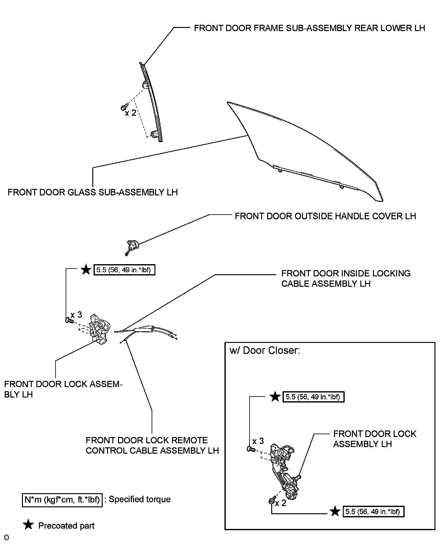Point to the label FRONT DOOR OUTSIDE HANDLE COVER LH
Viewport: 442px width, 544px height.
coord(325,216)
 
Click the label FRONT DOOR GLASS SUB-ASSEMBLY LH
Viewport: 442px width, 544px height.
coord(93,192)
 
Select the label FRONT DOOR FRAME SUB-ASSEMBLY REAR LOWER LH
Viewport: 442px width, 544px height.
coord(309,28)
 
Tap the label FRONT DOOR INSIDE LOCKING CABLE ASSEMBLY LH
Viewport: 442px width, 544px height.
coord(346,279)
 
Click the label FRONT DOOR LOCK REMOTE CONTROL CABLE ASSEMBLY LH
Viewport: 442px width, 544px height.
coord(152,445)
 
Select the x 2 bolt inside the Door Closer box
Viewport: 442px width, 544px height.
coord(272,501)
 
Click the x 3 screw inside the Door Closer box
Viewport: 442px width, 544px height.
coord(251,449)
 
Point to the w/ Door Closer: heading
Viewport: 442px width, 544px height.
coord(265,350)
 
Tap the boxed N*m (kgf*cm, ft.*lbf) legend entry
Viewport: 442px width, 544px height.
coord(62,499)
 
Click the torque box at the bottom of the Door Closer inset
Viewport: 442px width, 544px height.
coord(373,512)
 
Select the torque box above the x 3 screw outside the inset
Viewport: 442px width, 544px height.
coord(124,270)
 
